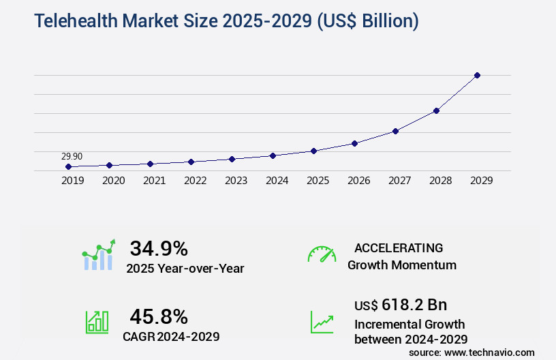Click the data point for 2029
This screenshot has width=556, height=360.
click(x=477, y=75)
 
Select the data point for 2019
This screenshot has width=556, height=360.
click(x=68, y=166)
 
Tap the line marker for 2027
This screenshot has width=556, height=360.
click(x=395, y=131)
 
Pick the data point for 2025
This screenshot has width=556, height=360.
click(x=313, y=151)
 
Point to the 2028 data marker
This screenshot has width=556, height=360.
click(x=436, y=110)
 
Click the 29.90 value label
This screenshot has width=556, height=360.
click(x=72, y=156)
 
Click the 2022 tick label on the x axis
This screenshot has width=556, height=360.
click(x=195, y=181)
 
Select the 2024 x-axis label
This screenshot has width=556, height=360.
click(x=277, y=181)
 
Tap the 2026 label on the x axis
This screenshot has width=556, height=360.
click(x=358, y=181)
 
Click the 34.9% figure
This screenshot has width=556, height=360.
click(x=159, y=248)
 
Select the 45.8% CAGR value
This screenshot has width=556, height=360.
click(x=159, y=316)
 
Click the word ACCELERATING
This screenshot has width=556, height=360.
click(x=399, y=247)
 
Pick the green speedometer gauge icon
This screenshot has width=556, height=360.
click(x=322, y=254)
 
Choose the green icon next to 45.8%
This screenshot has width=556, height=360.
click(x=97, y=321)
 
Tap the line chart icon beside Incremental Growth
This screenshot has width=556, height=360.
click(x=322, y=322)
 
